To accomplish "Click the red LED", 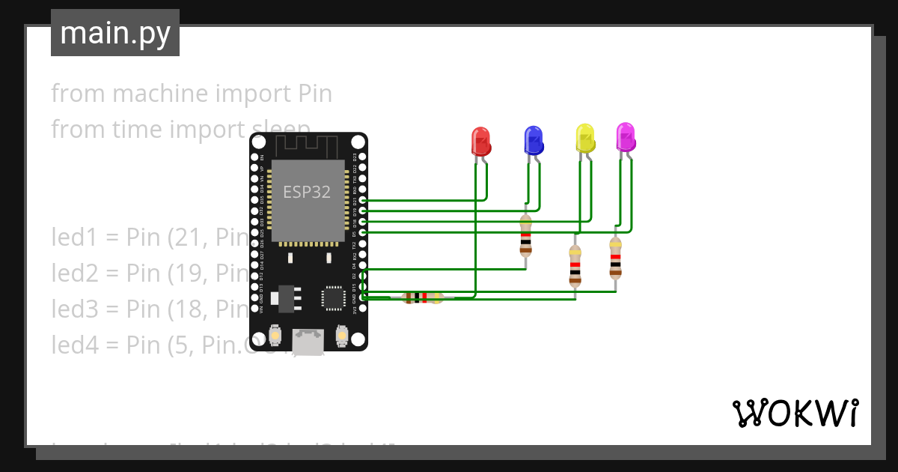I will tap(480, 141).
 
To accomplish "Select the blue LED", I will tap(533, 139).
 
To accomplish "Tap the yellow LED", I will tap(584, 137).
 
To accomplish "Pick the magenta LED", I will tap(625, 136).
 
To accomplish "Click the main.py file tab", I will tap(115, 33).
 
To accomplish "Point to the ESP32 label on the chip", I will tap(307, 192).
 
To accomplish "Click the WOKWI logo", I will tap(795, 413).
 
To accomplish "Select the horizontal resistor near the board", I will tap(422, 297).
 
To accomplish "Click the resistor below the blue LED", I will tap(525, 235).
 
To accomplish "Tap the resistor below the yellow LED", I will tap(575, 266).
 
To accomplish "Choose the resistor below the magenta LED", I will tap(615, 257).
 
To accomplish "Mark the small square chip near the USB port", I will tap(333, 297).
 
